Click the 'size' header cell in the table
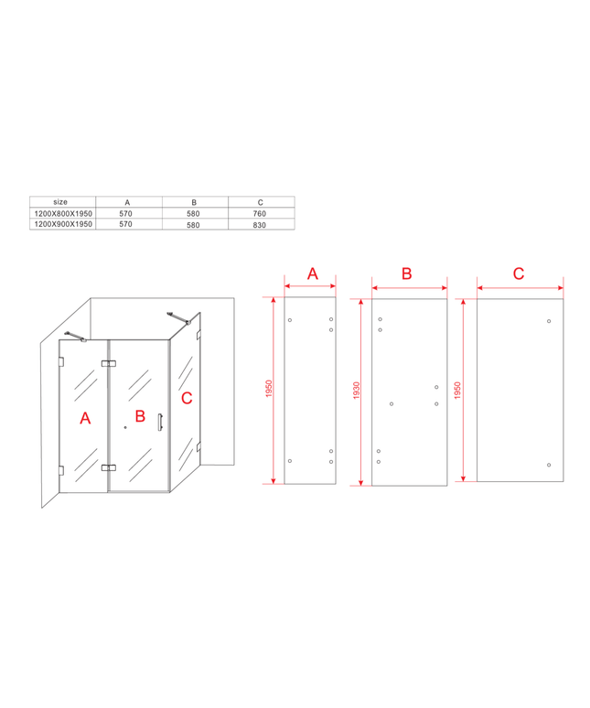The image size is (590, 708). point(60,202)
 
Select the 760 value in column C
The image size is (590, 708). point(260,213)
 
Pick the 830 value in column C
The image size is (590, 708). point(260,225)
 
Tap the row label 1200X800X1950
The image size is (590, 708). point(63,213)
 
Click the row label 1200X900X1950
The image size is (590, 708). point(63,224)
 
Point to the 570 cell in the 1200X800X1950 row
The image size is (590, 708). point(126,213)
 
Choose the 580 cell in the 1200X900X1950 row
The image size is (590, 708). point(193,225)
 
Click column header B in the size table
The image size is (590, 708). point(194,203)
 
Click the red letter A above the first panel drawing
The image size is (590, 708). point(313,274)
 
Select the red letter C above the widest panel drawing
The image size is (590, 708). point(519,274)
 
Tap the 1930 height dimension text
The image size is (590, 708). point(357,390)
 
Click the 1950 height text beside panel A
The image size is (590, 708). point(269,389)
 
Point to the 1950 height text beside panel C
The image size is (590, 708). point(457,390)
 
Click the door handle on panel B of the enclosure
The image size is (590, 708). point(160,423)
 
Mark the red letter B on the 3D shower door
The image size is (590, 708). point(140,416)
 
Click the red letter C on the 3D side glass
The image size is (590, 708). point(187,398)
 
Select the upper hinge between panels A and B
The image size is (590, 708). point(108,363)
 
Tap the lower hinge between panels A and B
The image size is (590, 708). point(108,467)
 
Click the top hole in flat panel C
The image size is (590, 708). point(549,321)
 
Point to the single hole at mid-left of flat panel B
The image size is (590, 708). point(392,404)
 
